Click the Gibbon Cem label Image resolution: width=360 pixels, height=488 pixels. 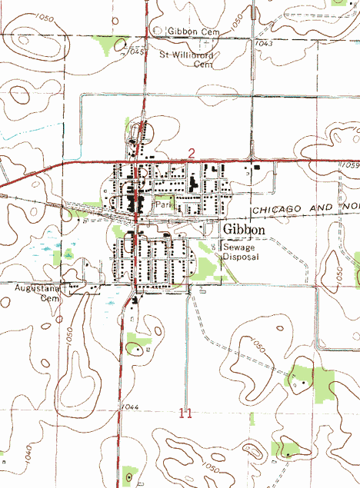[193, 31]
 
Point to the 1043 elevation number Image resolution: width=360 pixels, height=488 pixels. [265, 44]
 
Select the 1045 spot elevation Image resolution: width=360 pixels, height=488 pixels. [137, 51]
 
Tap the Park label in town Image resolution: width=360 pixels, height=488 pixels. [163, 206]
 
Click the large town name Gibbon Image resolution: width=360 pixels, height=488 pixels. [245, 230]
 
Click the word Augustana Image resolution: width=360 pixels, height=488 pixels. [37, 287]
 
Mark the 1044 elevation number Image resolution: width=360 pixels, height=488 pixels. [128, 406]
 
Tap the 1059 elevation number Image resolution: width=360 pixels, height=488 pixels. [351, 165]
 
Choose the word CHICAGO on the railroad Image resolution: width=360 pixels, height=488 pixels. [272, 210]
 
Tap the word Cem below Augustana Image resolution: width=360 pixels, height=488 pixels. [49, 297]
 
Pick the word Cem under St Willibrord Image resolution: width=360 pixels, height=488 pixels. [202, 65]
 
